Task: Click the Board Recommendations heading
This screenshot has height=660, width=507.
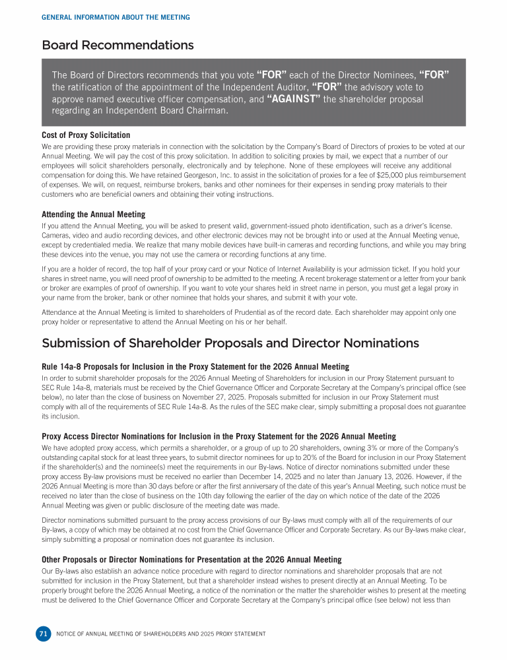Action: (x=118, y=45)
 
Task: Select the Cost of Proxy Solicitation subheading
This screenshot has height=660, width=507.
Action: (x=86, y=135)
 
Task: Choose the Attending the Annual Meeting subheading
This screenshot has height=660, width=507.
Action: (x=93, y=214)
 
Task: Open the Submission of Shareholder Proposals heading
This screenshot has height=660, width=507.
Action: (x=230, y=343)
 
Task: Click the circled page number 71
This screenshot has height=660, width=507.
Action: (x=43, y=634)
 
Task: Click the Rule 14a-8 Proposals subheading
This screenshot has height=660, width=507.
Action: (x=195, y=366)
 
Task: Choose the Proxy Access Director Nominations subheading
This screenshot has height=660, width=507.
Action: (x=219, y=436)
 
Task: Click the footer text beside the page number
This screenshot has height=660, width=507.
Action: (x=161, y=634)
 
